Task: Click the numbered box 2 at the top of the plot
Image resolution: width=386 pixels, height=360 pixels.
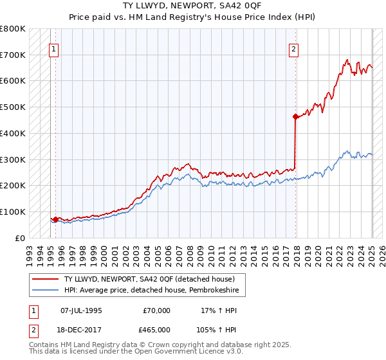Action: click(x=293, y=48)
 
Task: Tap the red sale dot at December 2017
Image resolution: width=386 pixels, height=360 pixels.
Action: click(x=295, y=116)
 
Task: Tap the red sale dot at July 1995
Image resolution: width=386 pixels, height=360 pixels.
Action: click(x=55, y=219)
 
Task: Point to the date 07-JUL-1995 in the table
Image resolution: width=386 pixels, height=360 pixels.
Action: click(x=81, y=310)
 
